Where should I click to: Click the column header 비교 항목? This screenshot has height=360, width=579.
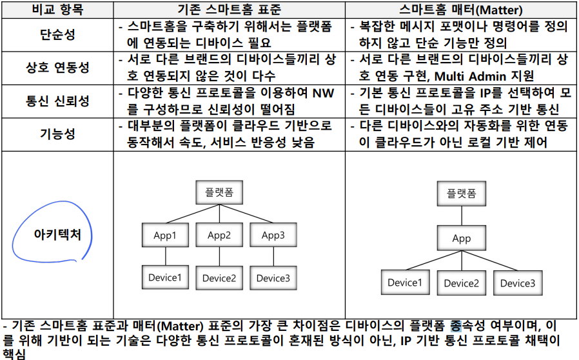click(x=57, y=10)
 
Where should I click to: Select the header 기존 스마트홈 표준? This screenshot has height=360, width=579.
click(x=229, y=10)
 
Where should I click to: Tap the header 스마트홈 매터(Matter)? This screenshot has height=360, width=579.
click(x=461, y=10)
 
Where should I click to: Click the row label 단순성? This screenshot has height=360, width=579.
click(x=57, y=35)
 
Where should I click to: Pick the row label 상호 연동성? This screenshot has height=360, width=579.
click(x=57, y=68)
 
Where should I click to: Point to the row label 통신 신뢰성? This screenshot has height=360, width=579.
click(x=57, y=101)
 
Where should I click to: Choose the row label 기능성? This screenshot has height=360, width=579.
click(x=57, y=134)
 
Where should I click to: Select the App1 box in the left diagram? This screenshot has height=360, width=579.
click(x=164, y=235)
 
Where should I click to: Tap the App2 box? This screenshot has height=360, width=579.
click(x=219, y=235)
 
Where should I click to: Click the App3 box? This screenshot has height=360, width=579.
click(x=273, y=235)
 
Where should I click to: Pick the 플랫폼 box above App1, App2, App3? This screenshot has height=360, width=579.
click(x=219, y=192)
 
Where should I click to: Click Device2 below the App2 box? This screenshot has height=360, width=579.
click(x=219, y=277)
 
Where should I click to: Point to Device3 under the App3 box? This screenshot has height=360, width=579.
click(x=273, y=277)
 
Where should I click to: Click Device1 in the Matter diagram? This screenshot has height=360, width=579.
click(x=405, y=283)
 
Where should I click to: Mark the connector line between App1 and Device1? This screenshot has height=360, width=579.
click(x=164, y=255)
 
